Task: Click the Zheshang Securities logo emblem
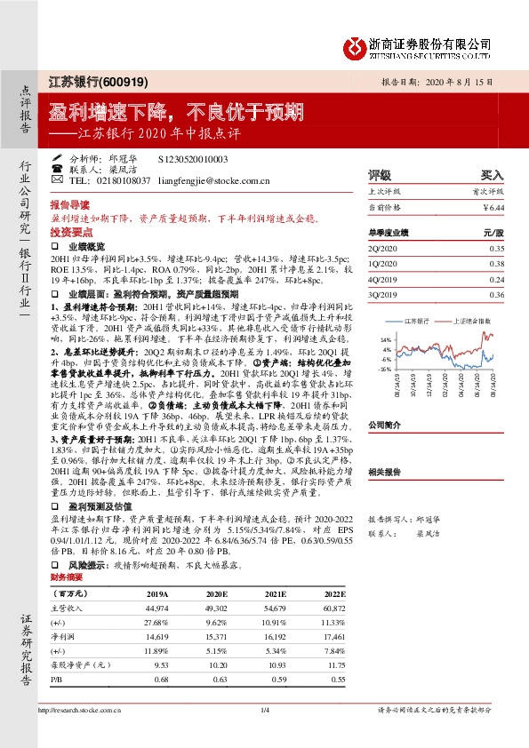point(354,45)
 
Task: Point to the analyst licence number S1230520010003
point(192,157)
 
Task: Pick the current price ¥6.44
point(491,206)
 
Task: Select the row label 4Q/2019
point(382,279)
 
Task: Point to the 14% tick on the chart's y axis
point(385,340)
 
